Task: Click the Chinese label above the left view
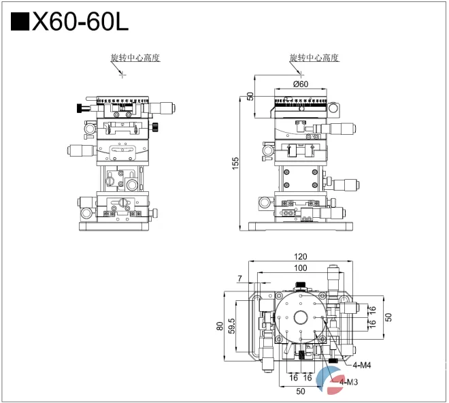pos(135,58)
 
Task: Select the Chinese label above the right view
pos(314,58)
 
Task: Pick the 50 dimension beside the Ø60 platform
pos(250,96)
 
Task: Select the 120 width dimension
pos(300,257)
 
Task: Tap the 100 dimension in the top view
pos(300,268)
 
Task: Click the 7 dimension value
pos(239,278)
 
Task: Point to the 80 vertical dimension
pos(220,325)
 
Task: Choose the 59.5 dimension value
pos(232,325)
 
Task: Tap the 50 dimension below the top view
pos(300,391)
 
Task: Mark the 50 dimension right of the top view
pos(388,317)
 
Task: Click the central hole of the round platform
pos(300,317)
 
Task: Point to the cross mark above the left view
pos(122,74)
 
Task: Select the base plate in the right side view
pos(300,227)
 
